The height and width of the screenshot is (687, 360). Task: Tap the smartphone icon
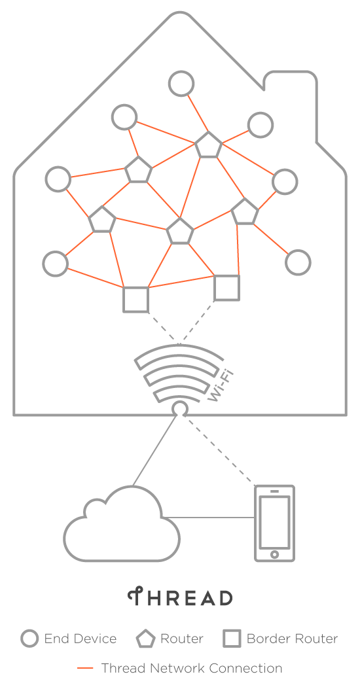point(274,523)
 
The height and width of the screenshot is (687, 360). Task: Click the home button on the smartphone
point(274,554)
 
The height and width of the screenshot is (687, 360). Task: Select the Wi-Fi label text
point(220,386)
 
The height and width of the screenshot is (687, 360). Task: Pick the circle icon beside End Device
point(30,639)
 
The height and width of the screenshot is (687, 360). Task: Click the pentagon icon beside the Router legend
point(145,639)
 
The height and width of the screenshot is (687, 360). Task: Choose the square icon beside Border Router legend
point(232,639)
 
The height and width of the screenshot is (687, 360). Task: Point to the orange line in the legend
point(85,668)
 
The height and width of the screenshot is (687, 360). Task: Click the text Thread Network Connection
point(192,668)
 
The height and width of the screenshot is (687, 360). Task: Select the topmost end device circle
point(181,83)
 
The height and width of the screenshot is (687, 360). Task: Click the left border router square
point(135,299)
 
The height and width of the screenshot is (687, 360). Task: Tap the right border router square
point(226,288)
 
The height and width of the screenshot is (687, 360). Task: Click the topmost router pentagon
point(208,145)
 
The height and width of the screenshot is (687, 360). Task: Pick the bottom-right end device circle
point(298,262)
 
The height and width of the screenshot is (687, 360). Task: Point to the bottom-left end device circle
point(55,264)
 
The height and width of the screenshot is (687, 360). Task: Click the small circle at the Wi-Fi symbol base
point(180,409)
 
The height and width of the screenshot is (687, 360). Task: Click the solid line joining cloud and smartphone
point(209,518)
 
